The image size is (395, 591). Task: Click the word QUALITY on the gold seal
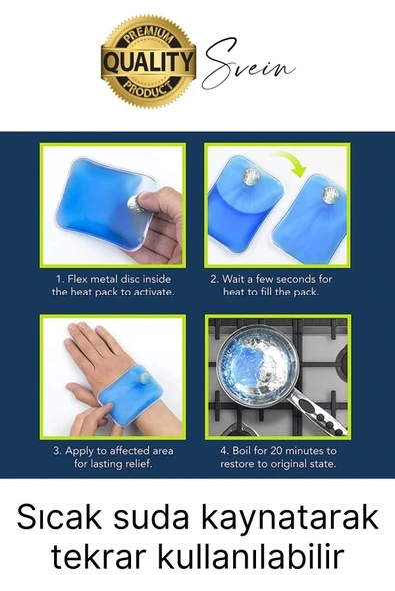pyautogui.click(x=148, y=62)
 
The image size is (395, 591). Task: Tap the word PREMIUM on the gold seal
pyautogui.click(x=148, y=37)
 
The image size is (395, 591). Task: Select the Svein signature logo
pyautogui.click(x=248, y=64)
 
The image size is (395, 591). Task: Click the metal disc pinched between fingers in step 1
pyautogui.click(x=135, y=204)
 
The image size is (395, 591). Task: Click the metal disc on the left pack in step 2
pyautogui.click(x=251, y=177)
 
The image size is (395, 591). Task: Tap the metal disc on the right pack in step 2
pyautogui.click(x=330, y=193)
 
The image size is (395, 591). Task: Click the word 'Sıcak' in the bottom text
pyautogui.click(x=59, y=518)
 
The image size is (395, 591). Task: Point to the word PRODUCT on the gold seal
pyautogui.click(x=148, y=90)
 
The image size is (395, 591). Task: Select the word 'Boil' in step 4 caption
pyautogui.click(x=240, y=451)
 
